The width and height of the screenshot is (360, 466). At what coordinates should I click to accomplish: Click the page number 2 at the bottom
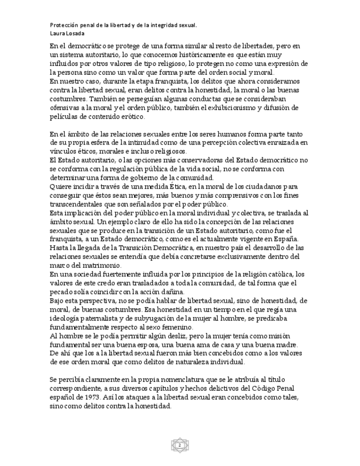pyautogui.click(x=180, y=443)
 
